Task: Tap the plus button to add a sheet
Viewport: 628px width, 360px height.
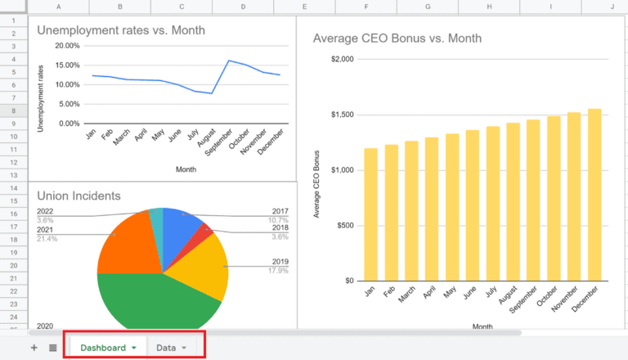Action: coord(34,348)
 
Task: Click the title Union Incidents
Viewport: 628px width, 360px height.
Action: coord(78,196)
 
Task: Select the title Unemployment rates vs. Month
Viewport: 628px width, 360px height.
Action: coord(121,31)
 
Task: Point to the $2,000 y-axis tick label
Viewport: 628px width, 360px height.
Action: coord(342,59)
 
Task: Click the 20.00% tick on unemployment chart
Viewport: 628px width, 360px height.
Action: coord(67,46)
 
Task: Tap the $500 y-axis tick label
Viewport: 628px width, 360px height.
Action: coord(345,226)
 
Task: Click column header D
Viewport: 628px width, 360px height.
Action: coord(243,7)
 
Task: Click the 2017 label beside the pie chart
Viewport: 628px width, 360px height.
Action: coord(280,211)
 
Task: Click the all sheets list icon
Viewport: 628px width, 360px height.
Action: coord(53,348)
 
